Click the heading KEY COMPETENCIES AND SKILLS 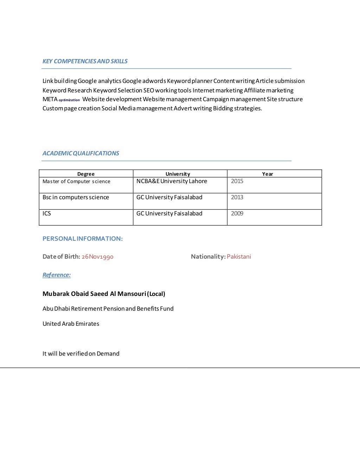[x=85, y=61]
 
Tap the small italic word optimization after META [x=69, y=100]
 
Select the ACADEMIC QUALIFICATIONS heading [x=81, y=153]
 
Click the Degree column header [x=86, y=174]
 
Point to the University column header [x=178, y=174]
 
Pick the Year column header [x=267, y=174]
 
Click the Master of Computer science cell [x=76, y=182]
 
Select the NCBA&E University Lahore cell [x=172, y=181]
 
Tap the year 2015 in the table [x=237, y=181]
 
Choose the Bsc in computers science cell [x=76, y=198]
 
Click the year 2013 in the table [x=237, y=198]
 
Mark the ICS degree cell [x=47, y=214]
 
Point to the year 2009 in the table [x=237, y=214]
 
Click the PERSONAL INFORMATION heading [x=82, y=239]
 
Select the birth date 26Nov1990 [x=97, y=257]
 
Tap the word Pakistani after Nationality [x=239, y=257]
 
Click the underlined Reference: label [x=56, y=275]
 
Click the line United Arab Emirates [x=71, y=324]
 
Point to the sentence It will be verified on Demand [x=81, y=354]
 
